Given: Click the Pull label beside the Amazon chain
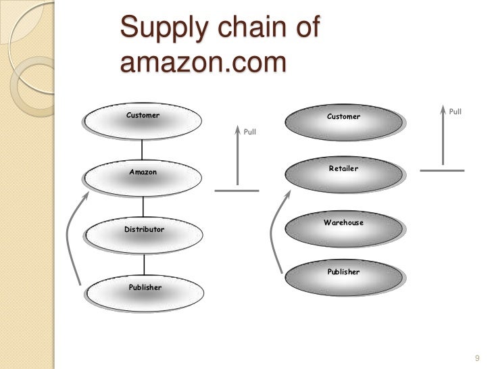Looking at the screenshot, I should pyautogui.click(x=250, y=132).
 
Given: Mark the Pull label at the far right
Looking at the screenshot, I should pyautogui.click(x=456, y=112).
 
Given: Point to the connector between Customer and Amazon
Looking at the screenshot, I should pyautogui.click(x=143, y=151).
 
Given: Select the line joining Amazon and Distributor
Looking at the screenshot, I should pyautogui.click(x=143, y=207).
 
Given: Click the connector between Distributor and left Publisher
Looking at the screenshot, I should pyautogui.click(x=143, y=265).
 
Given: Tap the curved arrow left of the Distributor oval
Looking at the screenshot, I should pyautogui.click(x=69, y=237).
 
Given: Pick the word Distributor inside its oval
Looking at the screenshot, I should pyautogui.click(x=144, y=230).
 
